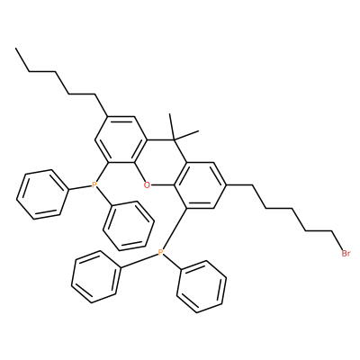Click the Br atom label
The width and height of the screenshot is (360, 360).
(x=346, y=254)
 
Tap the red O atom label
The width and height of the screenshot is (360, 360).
(x=147, y=185)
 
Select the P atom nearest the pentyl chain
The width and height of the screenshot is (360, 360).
(x=94, y=185)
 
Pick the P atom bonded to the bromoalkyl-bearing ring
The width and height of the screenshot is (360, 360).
(x=161, y=253)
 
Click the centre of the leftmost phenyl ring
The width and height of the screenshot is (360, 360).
(x=41, y=194)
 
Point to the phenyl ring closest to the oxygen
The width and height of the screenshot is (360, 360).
(x=129, y=226)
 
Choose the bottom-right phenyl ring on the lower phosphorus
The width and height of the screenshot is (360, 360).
(x=202, y=286)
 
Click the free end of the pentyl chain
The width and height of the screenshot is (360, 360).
(x=16, y=48)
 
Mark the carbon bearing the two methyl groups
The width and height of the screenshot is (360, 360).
(x=174, y=139)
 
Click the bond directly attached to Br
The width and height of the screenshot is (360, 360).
(x=337, y=242)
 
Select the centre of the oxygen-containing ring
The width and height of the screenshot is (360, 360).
(x=161, y=162)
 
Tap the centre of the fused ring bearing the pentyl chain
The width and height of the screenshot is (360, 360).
(x=121, y=139)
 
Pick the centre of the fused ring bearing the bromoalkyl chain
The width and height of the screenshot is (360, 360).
(x=200, y=185)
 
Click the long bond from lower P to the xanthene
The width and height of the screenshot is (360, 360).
(x=173, y=229)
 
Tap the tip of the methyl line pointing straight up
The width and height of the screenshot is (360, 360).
(x=170, y=113)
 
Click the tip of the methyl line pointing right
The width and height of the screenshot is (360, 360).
(x=199, y=130)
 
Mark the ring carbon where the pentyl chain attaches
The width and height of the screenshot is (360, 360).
(x=108, y=116)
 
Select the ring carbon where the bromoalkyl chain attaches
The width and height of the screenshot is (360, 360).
(x=226, y=185)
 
